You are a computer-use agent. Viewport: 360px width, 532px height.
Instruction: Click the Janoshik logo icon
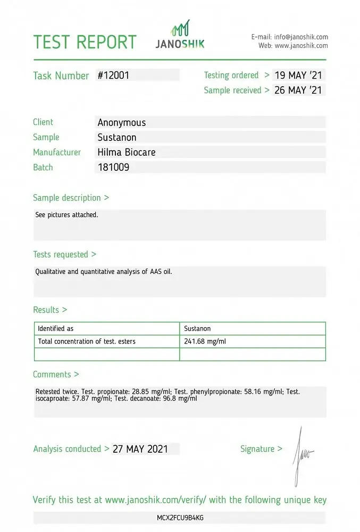point(180,28)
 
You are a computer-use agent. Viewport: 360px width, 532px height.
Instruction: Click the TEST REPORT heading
point(85,42)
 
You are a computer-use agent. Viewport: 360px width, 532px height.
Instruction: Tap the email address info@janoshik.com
point(301,37)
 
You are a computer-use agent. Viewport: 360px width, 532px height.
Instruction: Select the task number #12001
point(113,76)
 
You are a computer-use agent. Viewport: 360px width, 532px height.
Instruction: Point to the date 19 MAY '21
point(298,76)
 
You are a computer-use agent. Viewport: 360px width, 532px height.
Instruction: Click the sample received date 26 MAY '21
point(298,90)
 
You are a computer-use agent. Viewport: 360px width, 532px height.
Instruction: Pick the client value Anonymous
point(122,123)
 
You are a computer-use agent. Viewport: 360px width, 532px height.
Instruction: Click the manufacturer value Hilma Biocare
point(127,152)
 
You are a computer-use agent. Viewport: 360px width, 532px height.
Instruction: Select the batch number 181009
point(113,167)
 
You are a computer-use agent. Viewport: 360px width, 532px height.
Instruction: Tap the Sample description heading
point(71,198)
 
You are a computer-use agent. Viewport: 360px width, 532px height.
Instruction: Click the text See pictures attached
point(67,215)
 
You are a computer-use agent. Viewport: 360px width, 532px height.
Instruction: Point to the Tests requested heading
point(64,254)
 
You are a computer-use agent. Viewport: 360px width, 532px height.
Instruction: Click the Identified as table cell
point(56,329)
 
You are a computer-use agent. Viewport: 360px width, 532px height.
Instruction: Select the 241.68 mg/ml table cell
point(205,342)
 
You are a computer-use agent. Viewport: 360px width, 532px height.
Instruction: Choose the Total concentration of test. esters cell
point(87,342)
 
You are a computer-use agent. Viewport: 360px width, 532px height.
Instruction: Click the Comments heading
point(56,375)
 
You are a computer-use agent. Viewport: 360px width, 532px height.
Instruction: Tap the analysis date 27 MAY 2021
point(140,449)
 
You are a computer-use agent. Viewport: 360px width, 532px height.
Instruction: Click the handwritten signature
point(303,455)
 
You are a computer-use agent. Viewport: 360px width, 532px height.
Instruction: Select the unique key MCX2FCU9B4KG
point(180,518)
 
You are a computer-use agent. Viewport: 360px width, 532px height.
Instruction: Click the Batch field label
point(43,167)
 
